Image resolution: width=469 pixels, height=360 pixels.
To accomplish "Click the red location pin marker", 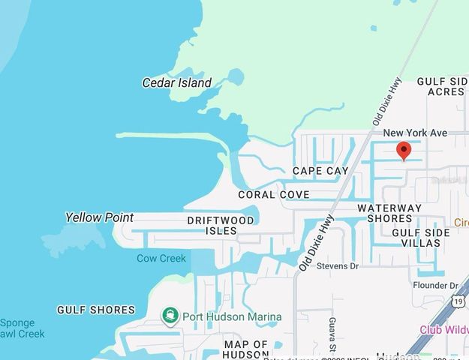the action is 404,151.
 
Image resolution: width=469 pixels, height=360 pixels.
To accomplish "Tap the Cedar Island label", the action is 177,82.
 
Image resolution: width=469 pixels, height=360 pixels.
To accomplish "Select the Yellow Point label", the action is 99,217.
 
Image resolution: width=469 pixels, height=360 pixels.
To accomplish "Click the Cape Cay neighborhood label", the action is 320,171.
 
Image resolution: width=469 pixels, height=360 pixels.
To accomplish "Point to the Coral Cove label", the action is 273,194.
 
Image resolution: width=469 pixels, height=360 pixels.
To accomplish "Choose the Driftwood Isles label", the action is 221,225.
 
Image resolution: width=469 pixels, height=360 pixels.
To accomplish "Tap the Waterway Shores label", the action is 389,213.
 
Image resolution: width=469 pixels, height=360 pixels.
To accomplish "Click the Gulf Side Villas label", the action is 421,238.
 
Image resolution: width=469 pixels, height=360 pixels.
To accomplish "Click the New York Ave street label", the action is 415,133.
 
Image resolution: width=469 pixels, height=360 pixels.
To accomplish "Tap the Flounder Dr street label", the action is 435,286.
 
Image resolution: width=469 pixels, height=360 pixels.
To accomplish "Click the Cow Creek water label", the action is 161,258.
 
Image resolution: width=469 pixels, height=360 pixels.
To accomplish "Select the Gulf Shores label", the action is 96,310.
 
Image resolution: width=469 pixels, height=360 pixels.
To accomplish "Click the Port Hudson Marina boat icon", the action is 170,316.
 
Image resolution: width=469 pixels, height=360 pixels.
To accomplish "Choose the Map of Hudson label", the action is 246,349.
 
